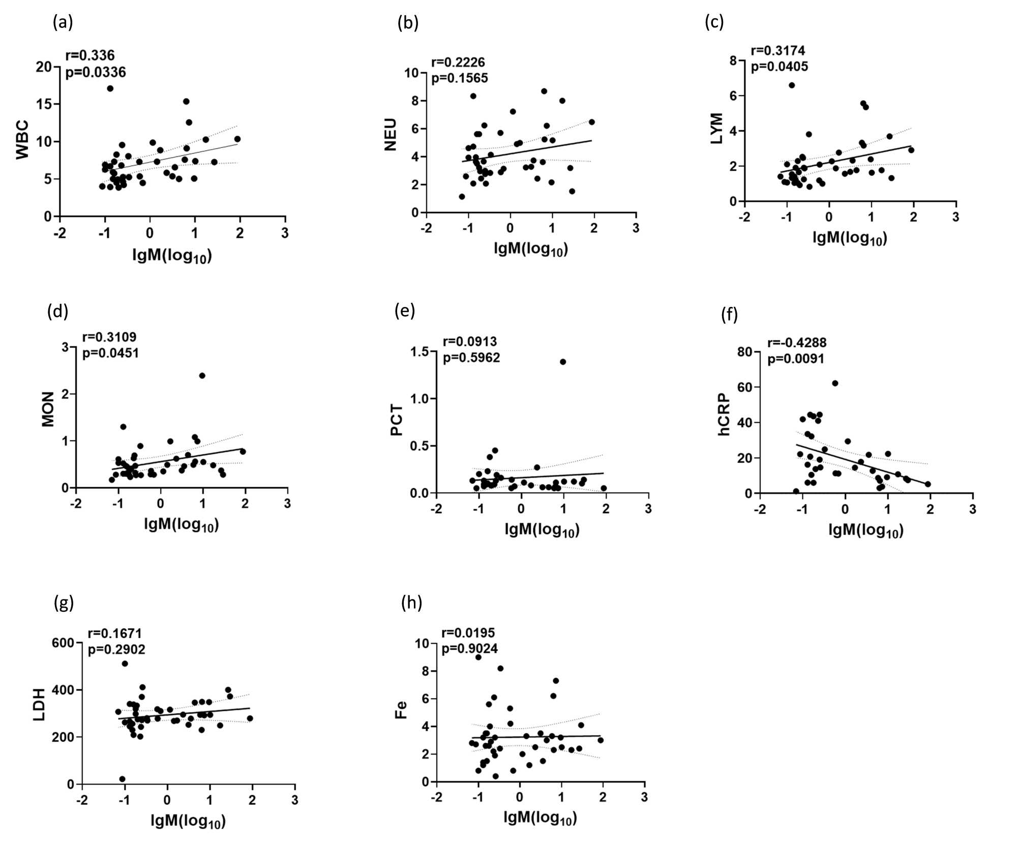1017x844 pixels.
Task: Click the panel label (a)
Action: pyautogui.click(x=63, y=22)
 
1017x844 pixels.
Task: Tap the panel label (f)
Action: pyautogui.click(x=729, y=315)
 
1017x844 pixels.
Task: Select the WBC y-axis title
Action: pyautogui.click(x=23, y=140)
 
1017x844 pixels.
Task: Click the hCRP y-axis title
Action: pyautogui.click(x=724, y=415)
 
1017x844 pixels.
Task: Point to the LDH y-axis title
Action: pyautogui.click(x=39, y=705)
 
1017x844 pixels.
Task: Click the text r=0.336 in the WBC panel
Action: pyautogui.click(x=90, y=55)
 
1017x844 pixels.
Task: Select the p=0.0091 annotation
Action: pyautogui.click(x=796, y=359)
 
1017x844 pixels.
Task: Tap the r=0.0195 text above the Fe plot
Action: pyautogui.click(x=468, y=633)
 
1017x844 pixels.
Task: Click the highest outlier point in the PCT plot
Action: pyautogui.click(x=563, y=362)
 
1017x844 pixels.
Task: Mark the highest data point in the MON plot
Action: pyautogui.click(x=202, y=376)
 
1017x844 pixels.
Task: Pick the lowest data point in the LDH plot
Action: pyautogui.click(x=122, y=779)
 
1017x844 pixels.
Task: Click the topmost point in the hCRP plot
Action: pyautogui.click(x=835, y=383)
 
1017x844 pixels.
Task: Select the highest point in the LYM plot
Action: pyautogui.click(x=792, y=85)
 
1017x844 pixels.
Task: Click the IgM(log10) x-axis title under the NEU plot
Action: pyautogui.click(x=530, y=249)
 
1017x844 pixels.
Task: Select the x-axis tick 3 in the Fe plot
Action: pyautogui.click(x=644, y=797)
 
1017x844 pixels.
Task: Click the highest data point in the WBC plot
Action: pyautogui.click(x=110, y=88)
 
